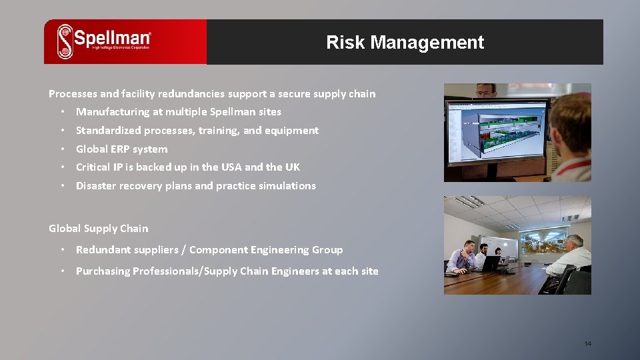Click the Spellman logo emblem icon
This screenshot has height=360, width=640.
[x=65, y=41]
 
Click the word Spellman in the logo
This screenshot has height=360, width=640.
[x=112, y=37]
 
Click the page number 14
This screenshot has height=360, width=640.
[x=587, y=344]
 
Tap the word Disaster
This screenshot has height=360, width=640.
[x=95, y=185]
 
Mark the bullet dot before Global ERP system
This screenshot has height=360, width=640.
[x=61, y=149]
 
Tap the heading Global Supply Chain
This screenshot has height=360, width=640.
[x=99, y=228]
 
